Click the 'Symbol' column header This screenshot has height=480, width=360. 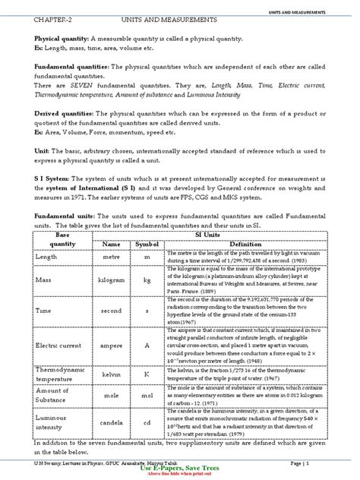pyautogui.click(x=148, y=245)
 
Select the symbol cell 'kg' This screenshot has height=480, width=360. pyautogui.click(x=147, y=280)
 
